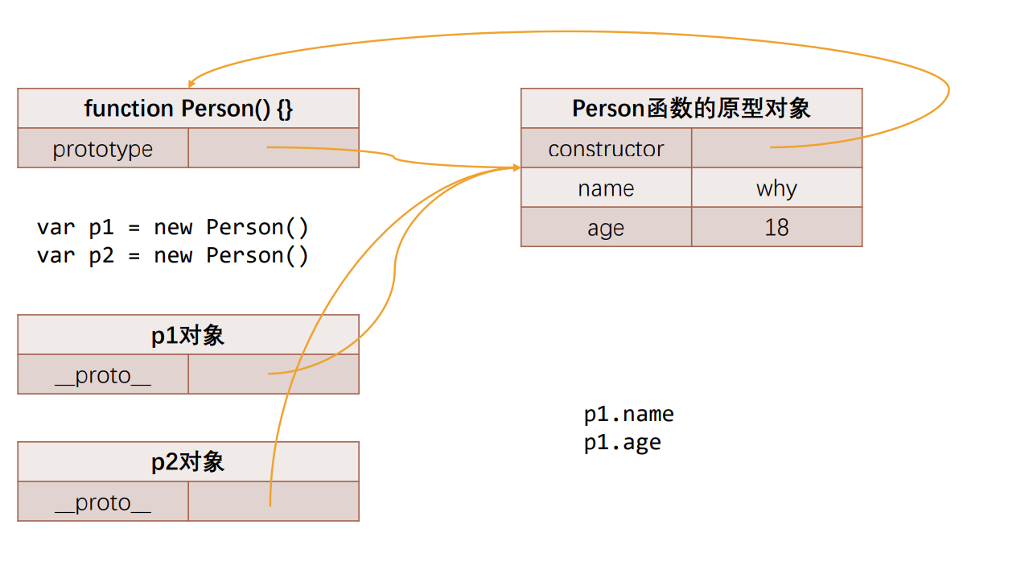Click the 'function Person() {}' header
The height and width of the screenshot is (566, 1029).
pyautogui.click(x=188, y=109)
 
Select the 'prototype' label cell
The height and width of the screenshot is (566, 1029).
pyautogui.click(x=103, y=149)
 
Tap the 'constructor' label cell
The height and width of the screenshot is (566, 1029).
pyautogui.click(x=606, y=149)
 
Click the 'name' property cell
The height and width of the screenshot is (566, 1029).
pyautogui.click(x=606, y=188)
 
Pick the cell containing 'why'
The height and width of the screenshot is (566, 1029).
pyautogui.click(x=776, y=188)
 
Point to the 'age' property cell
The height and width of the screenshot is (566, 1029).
pyautogui.click(x=606, y=228)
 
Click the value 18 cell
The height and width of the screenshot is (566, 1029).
pyautogui.click(x=776, y=228)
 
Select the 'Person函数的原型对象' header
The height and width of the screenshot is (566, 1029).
pyautogui.click(x=691, y=109)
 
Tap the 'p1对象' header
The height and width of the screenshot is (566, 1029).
pyautogui.click(x=188, y=335)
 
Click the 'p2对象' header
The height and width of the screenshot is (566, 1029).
pyautogui.click(x=188, y=462)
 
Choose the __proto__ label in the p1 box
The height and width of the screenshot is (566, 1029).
pyautogui.click(x=103, y=375)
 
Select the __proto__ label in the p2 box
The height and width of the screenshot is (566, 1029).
pyautogui.click(x=103, y=502)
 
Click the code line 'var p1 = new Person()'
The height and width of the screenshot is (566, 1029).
pyautogui.click(x=173, y=227)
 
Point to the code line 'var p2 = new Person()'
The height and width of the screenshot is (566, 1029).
pyautogui.click(x=173, y=255)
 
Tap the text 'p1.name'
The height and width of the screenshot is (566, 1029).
pyautogui.click(x=629, y=414)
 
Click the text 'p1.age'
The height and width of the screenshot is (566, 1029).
pyautogui.click(x=623, y=442)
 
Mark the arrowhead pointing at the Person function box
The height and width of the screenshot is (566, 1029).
pyautogui.click(x=191, y=83)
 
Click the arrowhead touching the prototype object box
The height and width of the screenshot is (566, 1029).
pyautogui.click(x=516, y=167)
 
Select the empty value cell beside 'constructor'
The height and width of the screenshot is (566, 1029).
pyautogui.click(x=776, y=149)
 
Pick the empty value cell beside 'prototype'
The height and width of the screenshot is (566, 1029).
pyautogui.click(x=274, y=149)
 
